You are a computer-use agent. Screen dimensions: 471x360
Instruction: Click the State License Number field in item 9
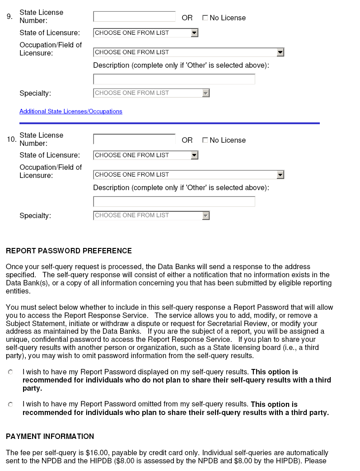tap(134, 17)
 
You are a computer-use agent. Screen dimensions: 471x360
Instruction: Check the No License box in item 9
tap(205, 18)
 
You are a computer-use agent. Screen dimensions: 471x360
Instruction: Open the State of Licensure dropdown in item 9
tap(145, 33)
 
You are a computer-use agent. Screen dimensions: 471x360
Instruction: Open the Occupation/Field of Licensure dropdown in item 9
tap(188, 52)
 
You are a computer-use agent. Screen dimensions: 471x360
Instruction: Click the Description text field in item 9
tap(174, 79)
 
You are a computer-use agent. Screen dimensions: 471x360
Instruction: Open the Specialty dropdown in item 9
tap(151, 93)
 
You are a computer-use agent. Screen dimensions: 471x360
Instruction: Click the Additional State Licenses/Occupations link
tap(70, 112)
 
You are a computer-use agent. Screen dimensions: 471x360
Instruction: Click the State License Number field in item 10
tap(134, 139)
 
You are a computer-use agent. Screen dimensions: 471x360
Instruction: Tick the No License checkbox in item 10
tap(205, 140)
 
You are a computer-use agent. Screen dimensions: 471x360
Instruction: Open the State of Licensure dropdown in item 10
tap(145, 155)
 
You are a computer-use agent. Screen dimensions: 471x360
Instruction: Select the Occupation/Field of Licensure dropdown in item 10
tap(188, 175)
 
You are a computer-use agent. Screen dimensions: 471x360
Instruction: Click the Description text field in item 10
tap(174, 202)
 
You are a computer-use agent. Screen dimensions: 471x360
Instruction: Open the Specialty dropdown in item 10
tap(151, 215)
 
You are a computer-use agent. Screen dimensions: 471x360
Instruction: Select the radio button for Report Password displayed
tap(10, 372)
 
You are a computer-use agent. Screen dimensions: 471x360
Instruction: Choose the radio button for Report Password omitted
tap(10, 405)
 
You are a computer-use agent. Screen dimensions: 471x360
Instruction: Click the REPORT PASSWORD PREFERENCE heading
tap(69, 251)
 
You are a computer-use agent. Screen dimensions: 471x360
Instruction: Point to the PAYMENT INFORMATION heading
tap(50, 437)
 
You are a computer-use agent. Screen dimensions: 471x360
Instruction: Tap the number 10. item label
tap(11, 140)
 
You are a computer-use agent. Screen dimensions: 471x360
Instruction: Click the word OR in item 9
tap(187, 18)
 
